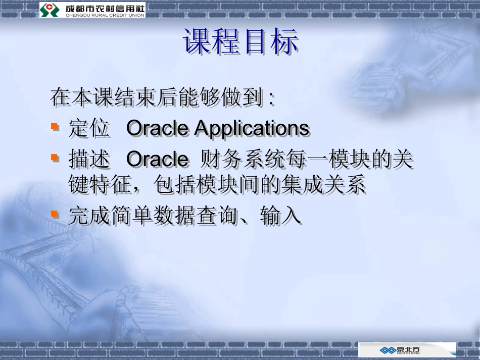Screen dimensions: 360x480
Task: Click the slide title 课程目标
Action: coord(240,42)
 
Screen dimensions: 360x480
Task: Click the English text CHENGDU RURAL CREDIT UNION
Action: coord(105,15)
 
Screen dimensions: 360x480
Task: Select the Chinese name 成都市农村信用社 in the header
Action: coord(105,7)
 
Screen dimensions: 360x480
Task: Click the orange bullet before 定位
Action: coord(55,126)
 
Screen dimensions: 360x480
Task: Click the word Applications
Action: coord(252,128)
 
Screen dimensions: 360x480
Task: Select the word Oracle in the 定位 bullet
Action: coord(157,128)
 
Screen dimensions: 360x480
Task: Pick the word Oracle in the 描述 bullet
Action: coord(157,160)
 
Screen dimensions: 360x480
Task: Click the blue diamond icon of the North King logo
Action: coord(389,350)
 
